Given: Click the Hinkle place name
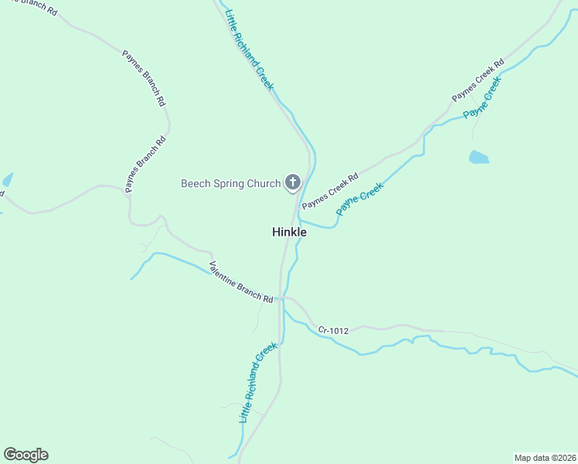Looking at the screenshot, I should (x=289, y=232).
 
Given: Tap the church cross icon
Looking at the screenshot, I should (x=292, y=183).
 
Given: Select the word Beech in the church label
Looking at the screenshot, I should (x=195, y=184).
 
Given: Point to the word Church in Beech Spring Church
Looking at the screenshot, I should (x=263, y=184).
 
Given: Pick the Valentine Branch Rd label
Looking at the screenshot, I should (x=241, y=283).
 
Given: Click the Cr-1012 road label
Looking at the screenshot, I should (x=334, y=331).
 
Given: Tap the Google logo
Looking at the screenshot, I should (x=25, y=455).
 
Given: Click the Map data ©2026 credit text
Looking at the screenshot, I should (x=545, y=457).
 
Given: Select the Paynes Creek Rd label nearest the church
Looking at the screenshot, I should (x=330, y=191).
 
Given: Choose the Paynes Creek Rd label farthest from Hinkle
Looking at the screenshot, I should (x=478, y=80).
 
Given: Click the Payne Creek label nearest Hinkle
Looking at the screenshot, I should (x=359, y=199).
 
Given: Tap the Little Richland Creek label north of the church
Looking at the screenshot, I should (x=248, y=49).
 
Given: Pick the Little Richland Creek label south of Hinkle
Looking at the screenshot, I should (x=257, y=383).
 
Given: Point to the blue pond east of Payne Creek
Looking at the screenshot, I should (x=479, y=157).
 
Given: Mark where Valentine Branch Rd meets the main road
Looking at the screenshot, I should (x=281, y=297).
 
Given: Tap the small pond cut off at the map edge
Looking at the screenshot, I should (x=7, y=180).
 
